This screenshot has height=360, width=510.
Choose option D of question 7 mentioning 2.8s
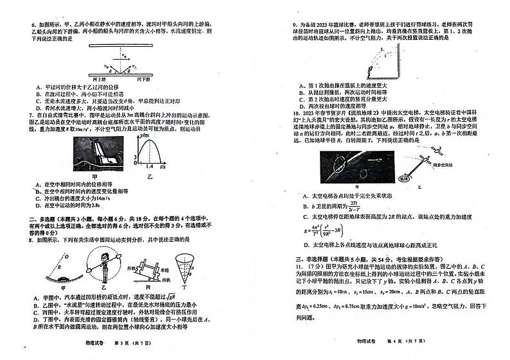coord(64,205)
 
